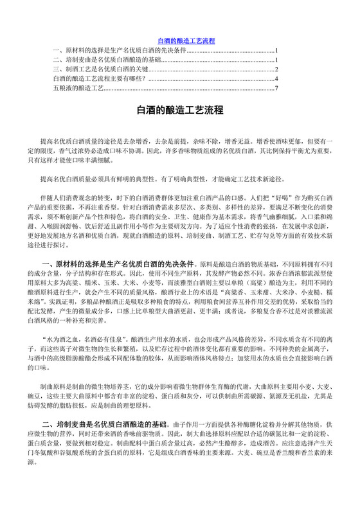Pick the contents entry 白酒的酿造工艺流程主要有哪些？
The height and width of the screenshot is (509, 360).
point(99,78)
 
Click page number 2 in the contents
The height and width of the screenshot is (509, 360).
point(276,69)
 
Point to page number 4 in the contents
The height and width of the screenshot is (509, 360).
point(276,78)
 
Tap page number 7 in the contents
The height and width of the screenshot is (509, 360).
point(276,87)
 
